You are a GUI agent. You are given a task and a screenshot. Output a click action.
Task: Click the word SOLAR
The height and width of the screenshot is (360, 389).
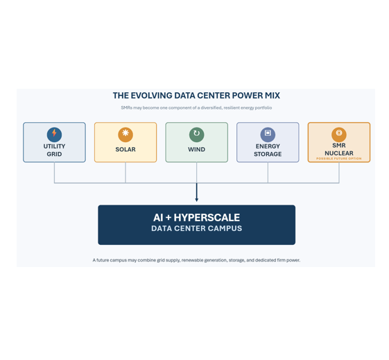coord(126,149)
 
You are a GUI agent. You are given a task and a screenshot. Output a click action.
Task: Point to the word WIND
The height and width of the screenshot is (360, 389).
coord(196,149)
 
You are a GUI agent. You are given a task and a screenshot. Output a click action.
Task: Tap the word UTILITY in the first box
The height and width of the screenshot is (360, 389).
coord(54,146)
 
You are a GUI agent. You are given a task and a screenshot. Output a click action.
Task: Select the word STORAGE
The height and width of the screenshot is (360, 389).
coord(268,154)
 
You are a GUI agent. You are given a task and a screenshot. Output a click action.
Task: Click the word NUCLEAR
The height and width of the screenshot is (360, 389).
coord(339,153)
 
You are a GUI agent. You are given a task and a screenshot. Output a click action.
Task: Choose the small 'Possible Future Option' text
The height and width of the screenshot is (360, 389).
coord(339,159)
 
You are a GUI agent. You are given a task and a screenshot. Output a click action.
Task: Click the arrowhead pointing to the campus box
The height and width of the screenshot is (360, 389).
coord(197,200)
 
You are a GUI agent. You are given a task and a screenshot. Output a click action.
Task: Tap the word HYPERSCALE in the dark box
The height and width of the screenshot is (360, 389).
coord(207,218)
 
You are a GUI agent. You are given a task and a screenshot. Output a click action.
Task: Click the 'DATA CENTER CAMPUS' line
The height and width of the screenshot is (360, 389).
coord(196,228)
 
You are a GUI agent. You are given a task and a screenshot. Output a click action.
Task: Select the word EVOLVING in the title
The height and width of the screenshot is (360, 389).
coord(151,96)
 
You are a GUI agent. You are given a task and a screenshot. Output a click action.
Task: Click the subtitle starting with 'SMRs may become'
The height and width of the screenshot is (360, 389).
coord(196,108)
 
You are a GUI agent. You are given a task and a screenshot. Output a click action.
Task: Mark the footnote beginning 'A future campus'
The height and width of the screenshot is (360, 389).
coord(196,260)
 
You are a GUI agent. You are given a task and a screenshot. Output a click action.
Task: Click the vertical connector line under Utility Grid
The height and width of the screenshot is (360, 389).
coord(54,173)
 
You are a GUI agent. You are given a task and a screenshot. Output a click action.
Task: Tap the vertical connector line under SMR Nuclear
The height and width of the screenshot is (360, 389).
coord(339,173)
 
